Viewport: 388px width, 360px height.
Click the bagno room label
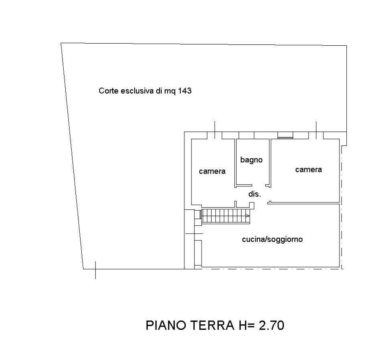[x=251, y=160]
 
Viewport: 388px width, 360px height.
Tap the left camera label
[x=212, y=171]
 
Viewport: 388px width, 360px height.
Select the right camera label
[x=309, y=170]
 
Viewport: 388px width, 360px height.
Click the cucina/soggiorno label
[x=272, y=239]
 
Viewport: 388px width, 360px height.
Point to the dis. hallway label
[x=255, y=194]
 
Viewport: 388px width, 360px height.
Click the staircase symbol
[x=226, y=216]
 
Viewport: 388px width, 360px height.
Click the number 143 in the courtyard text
[x=185, y=91]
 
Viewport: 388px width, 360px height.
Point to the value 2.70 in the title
[x=271, y=325]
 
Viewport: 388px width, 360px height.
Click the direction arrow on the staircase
[x=247, y=216]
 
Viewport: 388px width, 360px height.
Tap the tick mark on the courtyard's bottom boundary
[x=95, y=270]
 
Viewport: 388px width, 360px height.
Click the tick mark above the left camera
[x=214, y=129]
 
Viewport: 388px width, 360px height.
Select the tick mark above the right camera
[x=316, y=129]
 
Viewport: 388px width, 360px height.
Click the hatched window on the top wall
[x=285, y=136]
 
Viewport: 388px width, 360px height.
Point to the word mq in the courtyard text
[x=170, y=91]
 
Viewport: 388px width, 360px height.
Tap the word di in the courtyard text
[x=159, y=91]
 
